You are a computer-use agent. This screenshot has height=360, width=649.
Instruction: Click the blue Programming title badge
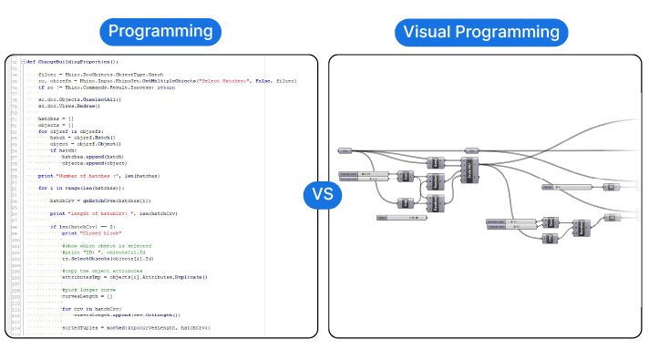[160, 31]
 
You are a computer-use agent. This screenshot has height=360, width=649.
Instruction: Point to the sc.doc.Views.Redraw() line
[69, 105]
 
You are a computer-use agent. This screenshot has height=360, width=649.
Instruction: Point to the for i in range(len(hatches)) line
[86, 187]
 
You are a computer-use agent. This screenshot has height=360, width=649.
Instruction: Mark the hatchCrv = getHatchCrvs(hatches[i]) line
[99, 200]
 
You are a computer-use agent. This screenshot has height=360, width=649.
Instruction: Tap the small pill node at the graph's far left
[345, 150]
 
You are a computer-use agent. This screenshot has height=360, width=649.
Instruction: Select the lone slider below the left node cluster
[401, 218]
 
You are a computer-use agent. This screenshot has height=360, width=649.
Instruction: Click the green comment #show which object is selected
[106, 245]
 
